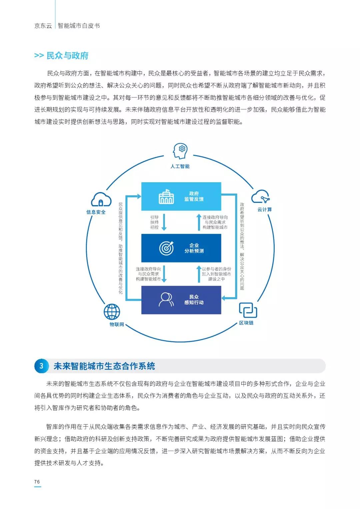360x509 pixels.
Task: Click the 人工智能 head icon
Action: [x=180, y=151]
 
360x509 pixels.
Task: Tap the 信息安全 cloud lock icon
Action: [x=101, y=199]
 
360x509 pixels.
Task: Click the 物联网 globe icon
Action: [x=112, y=311]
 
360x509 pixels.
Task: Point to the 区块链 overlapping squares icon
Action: [x=248, y=310]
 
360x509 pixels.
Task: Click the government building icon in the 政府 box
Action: [x=166, y=197]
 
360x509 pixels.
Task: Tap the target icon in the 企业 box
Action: [x=166, y=248]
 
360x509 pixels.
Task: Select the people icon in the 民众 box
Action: [x=166, y=299]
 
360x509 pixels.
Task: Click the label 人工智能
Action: [x=180, y=166]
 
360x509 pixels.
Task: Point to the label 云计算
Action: [x=265, y=210]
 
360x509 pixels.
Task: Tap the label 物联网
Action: [x=117, y=324]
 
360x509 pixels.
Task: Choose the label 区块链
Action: [x=246, y=323]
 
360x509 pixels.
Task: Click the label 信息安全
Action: [x=96, y=212]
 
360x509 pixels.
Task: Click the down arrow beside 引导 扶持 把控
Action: [x=164, y=222]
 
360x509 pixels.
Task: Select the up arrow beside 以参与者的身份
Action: [x=199, y=274]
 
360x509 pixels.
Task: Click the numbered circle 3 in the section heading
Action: [x=41, y=366]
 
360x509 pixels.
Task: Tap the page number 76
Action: [x=37, y=482]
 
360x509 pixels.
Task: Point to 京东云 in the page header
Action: [x=43, y=26]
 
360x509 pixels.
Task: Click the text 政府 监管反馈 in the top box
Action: [x=194, y=196]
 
